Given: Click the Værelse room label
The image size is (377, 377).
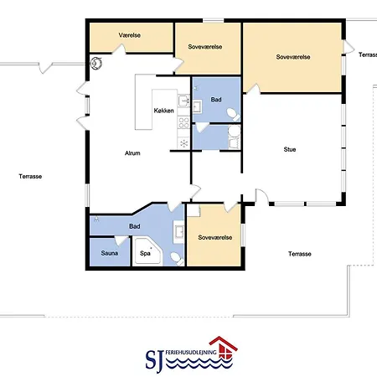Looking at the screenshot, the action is click(129, 35).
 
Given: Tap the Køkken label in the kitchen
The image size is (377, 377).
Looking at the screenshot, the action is click(163, 111).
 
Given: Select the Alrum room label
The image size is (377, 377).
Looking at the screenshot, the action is click(132, 153).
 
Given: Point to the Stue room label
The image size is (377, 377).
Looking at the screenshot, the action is click(290, 149).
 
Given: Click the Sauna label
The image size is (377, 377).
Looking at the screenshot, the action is click(109, 253).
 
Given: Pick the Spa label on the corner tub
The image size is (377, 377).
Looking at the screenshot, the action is click(145, 253).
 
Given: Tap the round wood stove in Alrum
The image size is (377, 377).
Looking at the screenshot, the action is click(96, 63).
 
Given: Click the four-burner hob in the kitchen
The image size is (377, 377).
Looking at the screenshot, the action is click(183, 122).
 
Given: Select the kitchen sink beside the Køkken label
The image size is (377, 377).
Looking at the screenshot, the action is click(183, 101).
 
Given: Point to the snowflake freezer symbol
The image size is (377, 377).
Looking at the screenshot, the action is click(183, 143).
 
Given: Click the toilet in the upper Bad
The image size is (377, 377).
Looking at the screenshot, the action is click(233, 114).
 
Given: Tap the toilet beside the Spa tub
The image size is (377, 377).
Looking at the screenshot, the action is click(177, 258).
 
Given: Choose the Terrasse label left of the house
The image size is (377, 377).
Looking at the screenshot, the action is click(30, 176).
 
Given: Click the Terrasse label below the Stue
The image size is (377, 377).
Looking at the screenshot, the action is click(300, 254).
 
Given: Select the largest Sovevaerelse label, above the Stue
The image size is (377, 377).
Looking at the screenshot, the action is click(293, 57).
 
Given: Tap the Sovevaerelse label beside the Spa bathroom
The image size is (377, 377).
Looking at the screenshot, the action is click(215, 237).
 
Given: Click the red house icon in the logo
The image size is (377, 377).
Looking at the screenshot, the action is click(224, 348).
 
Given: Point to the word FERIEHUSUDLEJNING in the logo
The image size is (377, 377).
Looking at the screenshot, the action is click(191, 353).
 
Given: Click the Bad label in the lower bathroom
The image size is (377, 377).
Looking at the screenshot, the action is click(134, 226).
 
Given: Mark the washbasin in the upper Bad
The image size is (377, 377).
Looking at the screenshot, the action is click(197, 106).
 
